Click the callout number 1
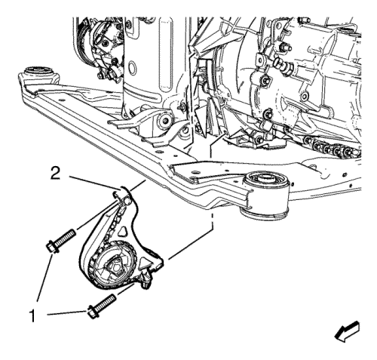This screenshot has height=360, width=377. point(32,316)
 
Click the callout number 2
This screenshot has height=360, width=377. point(56,174)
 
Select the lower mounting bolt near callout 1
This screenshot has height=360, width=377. point(102,306)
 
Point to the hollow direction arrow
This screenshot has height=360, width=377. point(348,331)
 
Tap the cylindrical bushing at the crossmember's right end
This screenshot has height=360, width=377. point(265,195)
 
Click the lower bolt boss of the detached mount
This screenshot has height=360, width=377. point(146,277)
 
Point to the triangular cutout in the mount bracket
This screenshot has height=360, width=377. point(124,231)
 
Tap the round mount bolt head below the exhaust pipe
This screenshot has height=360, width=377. point(165,121)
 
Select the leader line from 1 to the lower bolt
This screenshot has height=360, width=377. point(66,313)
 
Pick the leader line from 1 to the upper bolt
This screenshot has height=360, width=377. point(45,278)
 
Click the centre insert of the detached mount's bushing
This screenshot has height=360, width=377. point(116,265)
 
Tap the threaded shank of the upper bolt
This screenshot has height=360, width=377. point(65,237)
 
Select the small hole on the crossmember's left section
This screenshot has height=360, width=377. point(62,100)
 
